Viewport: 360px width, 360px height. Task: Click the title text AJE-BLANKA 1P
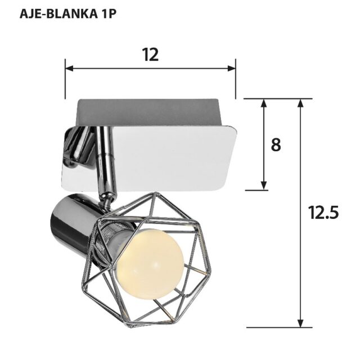68,14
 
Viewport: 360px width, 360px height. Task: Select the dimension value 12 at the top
151,55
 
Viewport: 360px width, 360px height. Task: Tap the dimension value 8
276,145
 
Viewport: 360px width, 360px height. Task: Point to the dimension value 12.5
323,212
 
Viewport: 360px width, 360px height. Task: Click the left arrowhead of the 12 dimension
69,68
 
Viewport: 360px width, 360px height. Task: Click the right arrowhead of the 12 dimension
231,68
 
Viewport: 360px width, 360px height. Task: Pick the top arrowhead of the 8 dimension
264,103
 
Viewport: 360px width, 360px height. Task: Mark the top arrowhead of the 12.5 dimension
300,103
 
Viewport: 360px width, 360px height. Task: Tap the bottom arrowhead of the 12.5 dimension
300,323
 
